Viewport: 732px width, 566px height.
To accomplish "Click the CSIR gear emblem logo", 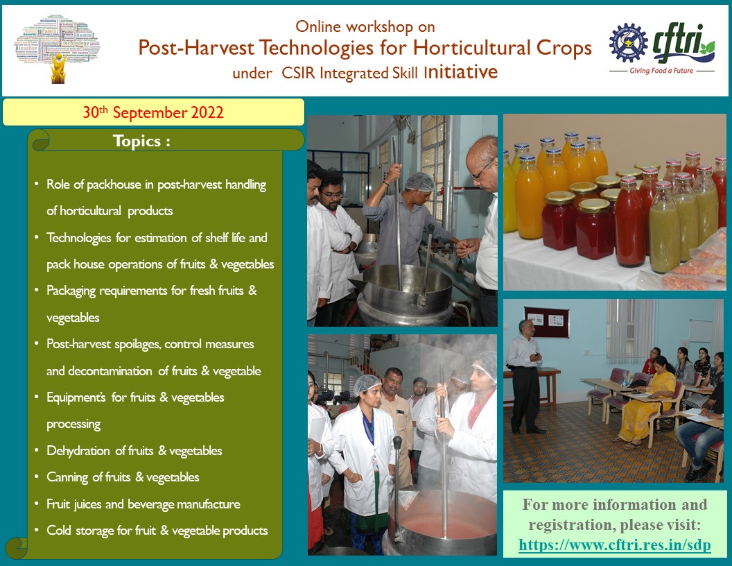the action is tap(628, 43).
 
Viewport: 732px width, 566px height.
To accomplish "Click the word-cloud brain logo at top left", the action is tap(58, 49).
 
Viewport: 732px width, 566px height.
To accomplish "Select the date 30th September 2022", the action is tap(153, 112).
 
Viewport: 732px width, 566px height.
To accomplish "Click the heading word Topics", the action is tap(137, 141).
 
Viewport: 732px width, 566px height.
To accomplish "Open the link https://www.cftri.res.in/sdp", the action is tap(614, 545).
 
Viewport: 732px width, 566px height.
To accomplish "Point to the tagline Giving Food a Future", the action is tap(661, 71).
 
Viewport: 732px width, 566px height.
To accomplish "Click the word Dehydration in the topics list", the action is tap(78, 450).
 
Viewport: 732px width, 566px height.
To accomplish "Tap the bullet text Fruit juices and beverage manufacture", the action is tap(143, 504).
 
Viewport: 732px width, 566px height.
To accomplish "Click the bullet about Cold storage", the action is tap(157, 531).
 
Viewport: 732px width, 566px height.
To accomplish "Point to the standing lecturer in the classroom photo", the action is tap(525, 376).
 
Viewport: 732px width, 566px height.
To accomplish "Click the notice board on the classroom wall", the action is tap(546, 322).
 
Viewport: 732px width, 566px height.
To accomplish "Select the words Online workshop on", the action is tap(365, 26).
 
